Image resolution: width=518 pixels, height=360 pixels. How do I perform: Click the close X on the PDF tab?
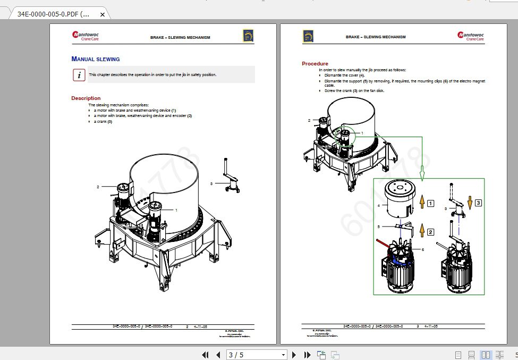(x=103, y=14)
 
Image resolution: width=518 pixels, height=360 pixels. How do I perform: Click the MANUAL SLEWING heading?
(x=96, y=59)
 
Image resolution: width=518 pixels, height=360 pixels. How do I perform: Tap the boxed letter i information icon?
(x=79, y=75)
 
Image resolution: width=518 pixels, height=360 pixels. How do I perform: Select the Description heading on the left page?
(x=86, y=98)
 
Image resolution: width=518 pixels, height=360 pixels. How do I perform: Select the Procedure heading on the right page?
(x=315, y=64)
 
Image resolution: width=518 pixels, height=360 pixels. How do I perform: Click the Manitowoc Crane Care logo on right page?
(x=471, y=36)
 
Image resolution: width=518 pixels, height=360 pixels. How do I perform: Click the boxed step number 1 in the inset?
(x=431, y=203)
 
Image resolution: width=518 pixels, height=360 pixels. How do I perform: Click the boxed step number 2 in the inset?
(x=431, y=232)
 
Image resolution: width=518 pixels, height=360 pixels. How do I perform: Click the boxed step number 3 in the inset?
(x=478, y=203)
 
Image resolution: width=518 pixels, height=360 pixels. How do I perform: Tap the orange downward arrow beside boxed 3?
(x=470, y=203)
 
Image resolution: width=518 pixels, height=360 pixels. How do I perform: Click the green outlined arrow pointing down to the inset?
(x=422, y=172)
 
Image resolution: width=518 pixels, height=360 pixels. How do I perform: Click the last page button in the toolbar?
(x=307, y=355)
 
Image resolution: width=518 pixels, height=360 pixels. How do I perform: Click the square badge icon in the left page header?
(x=248, y=36)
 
